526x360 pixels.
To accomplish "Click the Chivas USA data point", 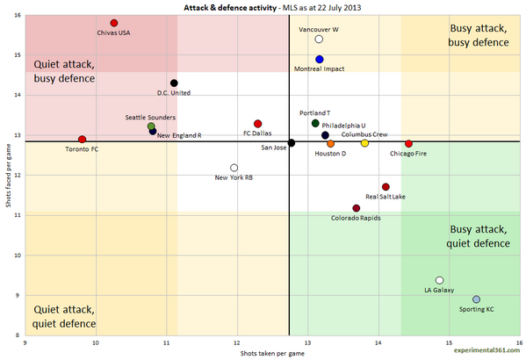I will click(x=114, y=23).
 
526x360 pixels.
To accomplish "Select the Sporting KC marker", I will click(x=476, y=299).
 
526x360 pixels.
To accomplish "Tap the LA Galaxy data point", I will click(x=439, y=280).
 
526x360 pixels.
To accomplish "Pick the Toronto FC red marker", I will click(x=82, y=140).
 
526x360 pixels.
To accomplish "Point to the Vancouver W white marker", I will click(x=319, y=40).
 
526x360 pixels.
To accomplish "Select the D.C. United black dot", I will click(x=174, y=83).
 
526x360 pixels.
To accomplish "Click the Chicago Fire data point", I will click(x=408, y=143).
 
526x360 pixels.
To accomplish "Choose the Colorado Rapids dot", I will click(x=356, y=208).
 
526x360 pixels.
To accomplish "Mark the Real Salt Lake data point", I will click(x=385, y=187).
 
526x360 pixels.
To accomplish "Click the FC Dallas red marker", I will click(x=257, y=124).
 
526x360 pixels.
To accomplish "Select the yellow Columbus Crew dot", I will click(x=364, y=143).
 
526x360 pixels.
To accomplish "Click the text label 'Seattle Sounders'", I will click(x=150, y=117).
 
